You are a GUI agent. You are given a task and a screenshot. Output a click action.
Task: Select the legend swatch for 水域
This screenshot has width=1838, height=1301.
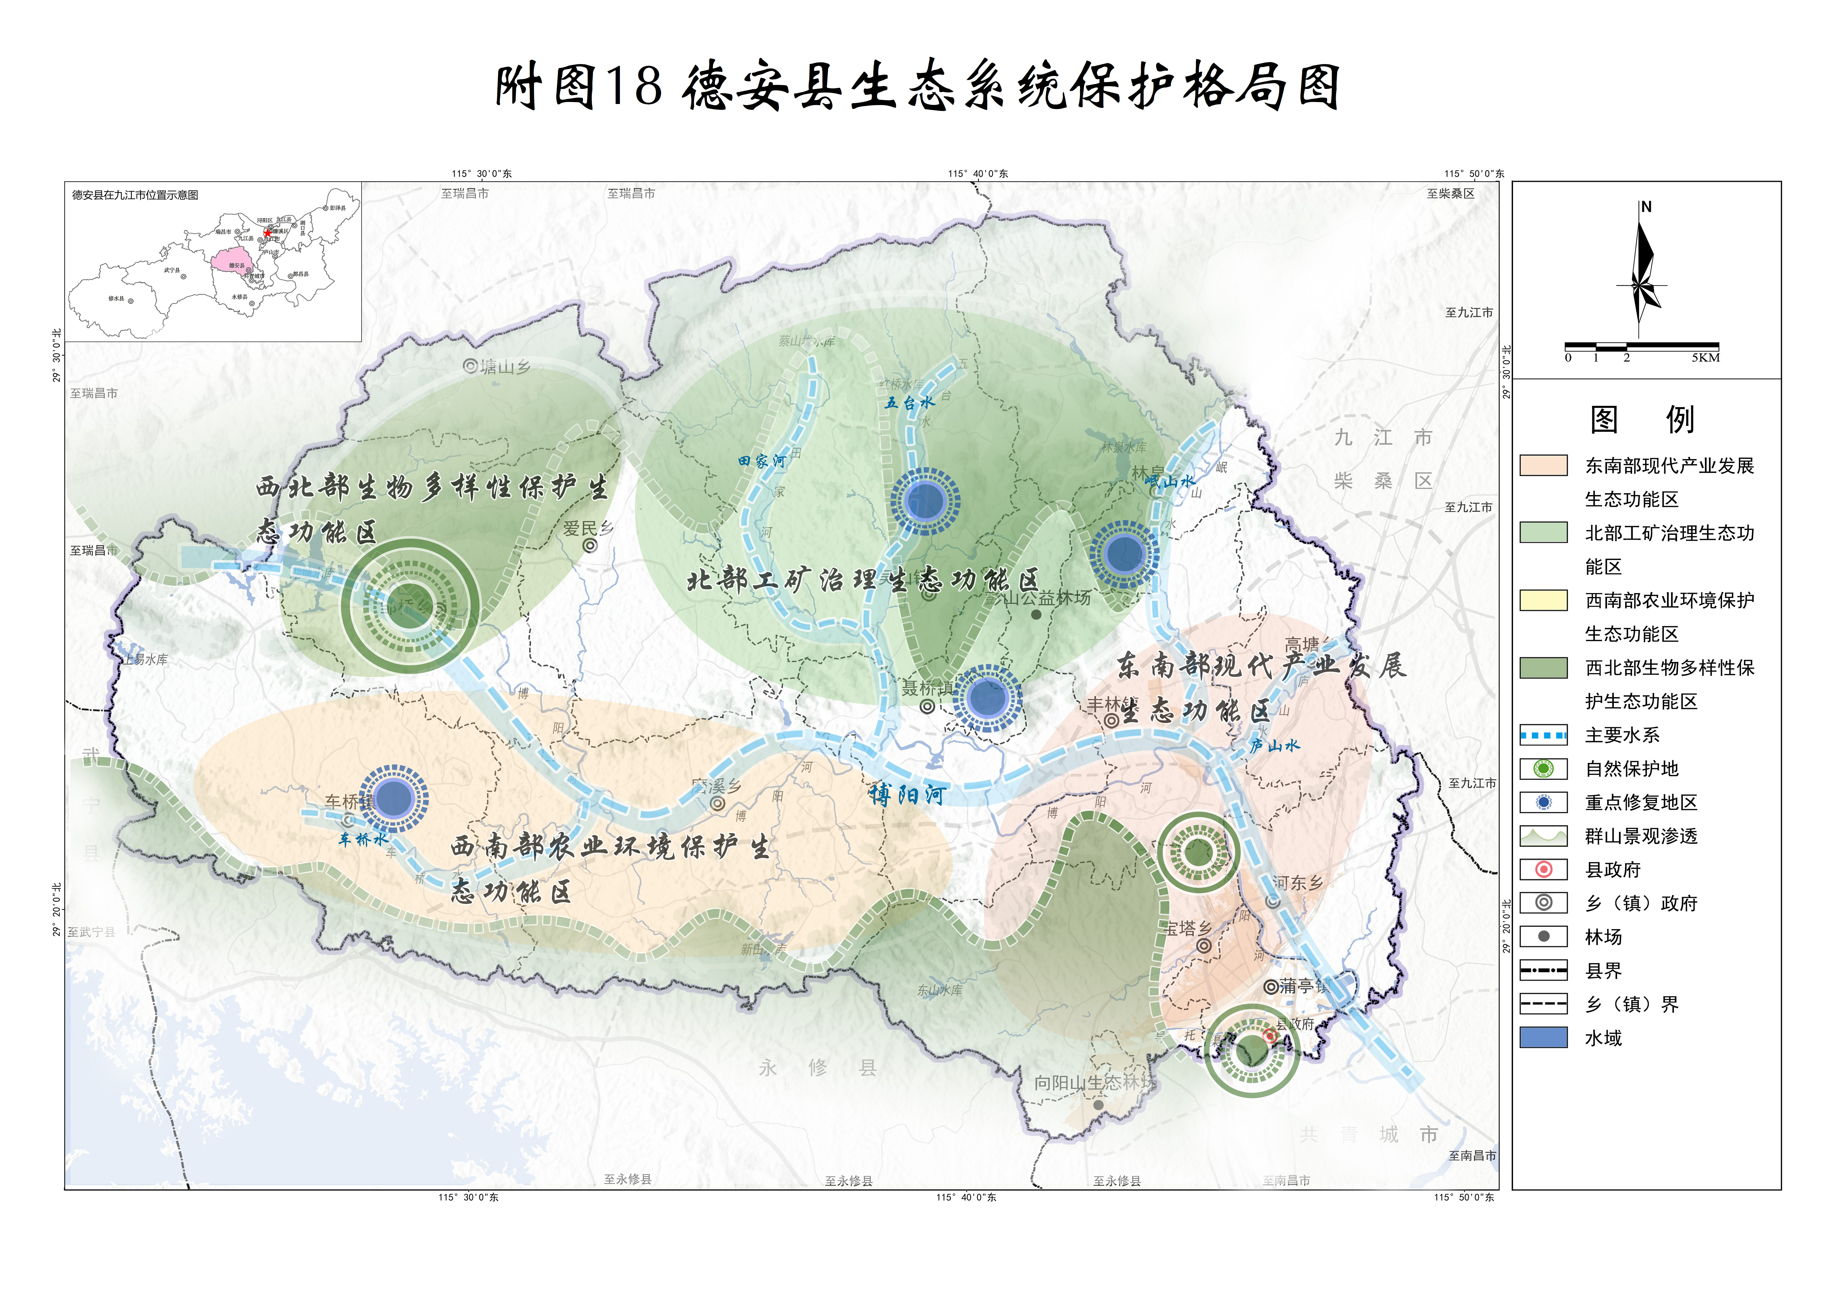point(1543,1037)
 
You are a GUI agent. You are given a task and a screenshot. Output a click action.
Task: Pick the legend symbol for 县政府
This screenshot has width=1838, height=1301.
point(1543,869)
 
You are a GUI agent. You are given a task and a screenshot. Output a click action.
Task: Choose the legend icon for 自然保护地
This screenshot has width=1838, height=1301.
point(1543,768)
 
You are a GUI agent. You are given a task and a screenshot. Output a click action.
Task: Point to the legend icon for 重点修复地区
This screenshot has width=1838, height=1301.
point(1543,802)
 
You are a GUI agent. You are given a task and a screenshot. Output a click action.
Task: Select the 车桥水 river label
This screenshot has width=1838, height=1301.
point(363,839)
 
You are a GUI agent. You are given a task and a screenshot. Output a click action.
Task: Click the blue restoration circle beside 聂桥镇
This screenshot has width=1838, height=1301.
point(987,698)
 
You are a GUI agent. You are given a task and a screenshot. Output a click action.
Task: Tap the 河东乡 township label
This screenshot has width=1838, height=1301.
point(1297,883)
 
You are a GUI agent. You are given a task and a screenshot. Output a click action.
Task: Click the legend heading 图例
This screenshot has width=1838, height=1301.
point(1642,419)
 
